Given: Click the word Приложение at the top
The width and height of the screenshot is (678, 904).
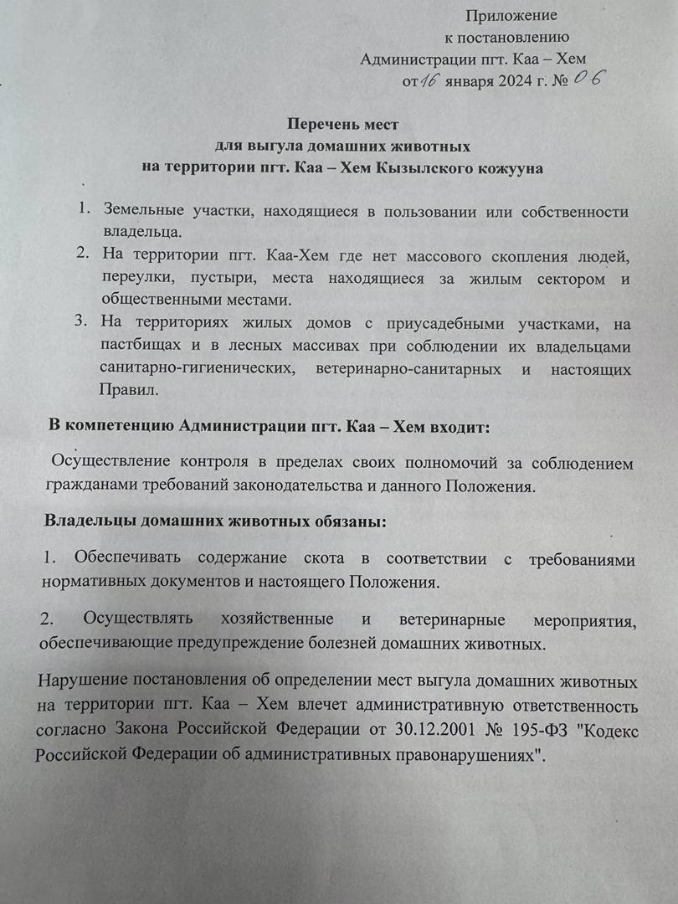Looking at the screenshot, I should pos(511,15).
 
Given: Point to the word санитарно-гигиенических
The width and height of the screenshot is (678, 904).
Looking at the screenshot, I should pos(194,369).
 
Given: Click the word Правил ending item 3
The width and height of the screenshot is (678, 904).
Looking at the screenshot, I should pos(126,390).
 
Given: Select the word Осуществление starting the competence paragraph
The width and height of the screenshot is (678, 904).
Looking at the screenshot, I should pos(105,462).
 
